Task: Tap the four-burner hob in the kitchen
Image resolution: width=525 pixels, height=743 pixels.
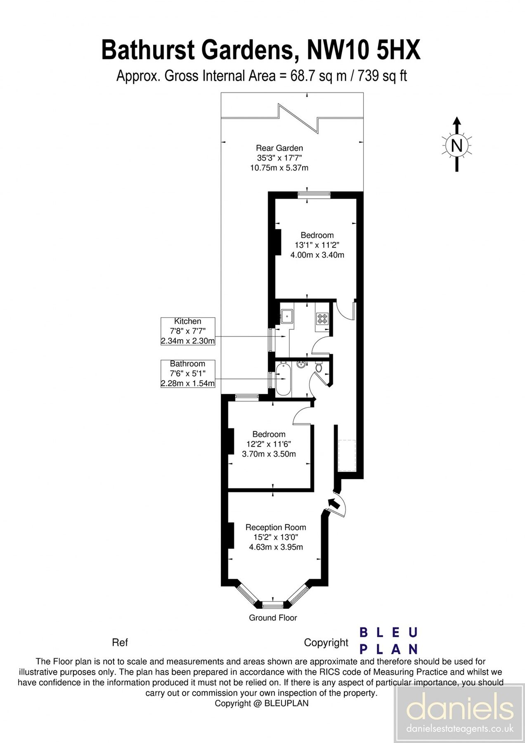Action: click(x=322, y=318)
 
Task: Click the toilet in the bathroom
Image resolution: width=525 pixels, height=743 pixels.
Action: click(x=319, y=367)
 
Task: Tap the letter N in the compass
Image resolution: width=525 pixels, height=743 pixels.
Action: click(x=456, y=146)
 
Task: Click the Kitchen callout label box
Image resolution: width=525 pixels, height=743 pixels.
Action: click(x=188, y=331)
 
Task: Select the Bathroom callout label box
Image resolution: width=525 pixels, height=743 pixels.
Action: click(x=188, y=374)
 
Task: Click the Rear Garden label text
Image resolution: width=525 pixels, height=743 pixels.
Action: click(x=279, y=148)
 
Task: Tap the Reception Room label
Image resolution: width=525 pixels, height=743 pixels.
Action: click(x=276, y=527)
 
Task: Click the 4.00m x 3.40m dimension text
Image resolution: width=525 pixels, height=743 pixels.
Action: click(x=317, y=255)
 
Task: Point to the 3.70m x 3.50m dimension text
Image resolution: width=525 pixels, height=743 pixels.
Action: click(x=269, y=454)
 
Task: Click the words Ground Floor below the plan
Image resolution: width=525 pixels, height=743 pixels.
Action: click(x=273, y=618)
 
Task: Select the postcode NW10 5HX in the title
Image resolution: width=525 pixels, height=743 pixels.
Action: click(x=364, y=50)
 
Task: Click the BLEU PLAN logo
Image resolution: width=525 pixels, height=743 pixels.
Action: click(x=389, y=641)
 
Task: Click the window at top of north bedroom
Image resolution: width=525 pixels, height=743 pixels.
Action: click(x=315, y=194)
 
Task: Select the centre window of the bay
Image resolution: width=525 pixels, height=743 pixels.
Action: click(x=273, y=605)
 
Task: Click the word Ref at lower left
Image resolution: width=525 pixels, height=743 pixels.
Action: click(x=120, y=642)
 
